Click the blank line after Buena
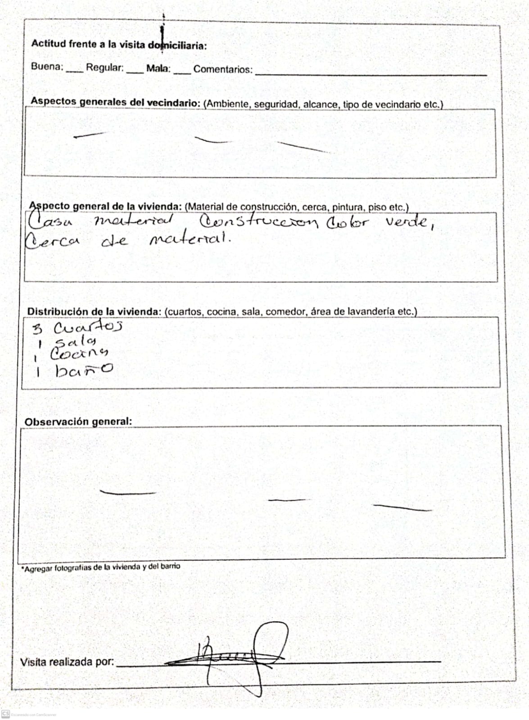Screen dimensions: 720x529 tap(74, 71)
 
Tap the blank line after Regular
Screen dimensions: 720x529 tap(135, 72)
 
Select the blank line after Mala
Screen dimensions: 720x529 tap(182, 72)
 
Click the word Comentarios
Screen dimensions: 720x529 tap(222, 70)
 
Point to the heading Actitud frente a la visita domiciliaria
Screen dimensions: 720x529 tap(119, 45)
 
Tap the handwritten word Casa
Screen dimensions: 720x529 tap(51, 221)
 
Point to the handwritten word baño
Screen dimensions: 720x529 tap(84, 370)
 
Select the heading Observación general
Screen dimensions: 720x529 tap(78, 422)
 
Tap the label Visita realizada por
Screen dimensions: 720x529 tap(67, 662)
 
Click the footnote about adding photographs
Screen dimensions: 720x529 tap(100, 567)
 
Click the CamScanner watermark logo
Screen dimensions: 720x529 tap(5, 714)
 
